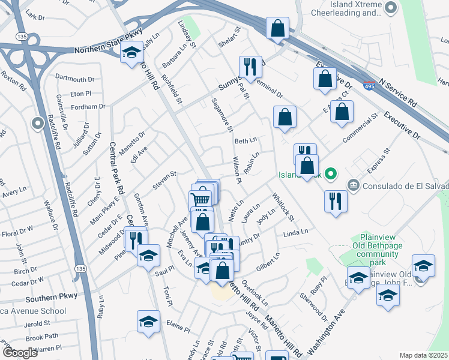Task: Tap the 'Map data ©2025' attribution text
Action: pos(424,355)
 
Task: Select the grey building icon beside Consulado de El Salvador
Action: pos(354,184)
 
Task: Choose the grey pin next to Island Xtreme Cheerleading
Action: pos(391,8)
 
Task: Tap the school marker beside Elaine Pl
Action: pos(148,322)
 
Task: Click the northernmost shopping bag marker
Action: pos(278,28)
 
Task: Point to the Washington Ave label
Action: pos(325,337)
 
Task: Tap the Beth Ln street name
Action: pos(246,141)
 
